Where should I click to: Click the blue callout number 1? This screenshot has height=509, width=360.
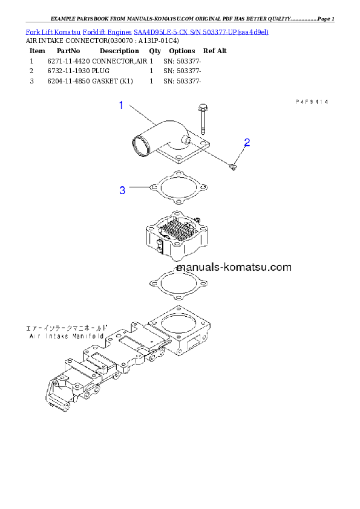click(121, 106)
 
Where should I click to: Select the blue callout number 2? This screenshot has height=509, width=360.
click(247, 143)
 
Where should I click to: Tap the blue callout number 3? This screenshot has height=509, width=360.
click(122, 190)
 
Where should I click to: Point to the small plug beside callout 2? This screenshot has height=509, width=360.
click(235, 165)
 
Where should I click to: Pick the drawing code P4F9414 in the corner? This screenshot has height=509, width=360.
click(311, 103)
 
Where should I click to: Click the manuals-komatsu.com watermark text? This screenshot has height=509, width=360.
click(234, 267)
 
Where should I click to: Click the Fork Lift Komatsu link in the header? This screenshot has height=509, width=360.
click(53, 31)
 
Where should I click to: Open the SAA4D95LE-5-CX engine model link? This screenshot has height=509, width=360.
click(163, 31)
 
